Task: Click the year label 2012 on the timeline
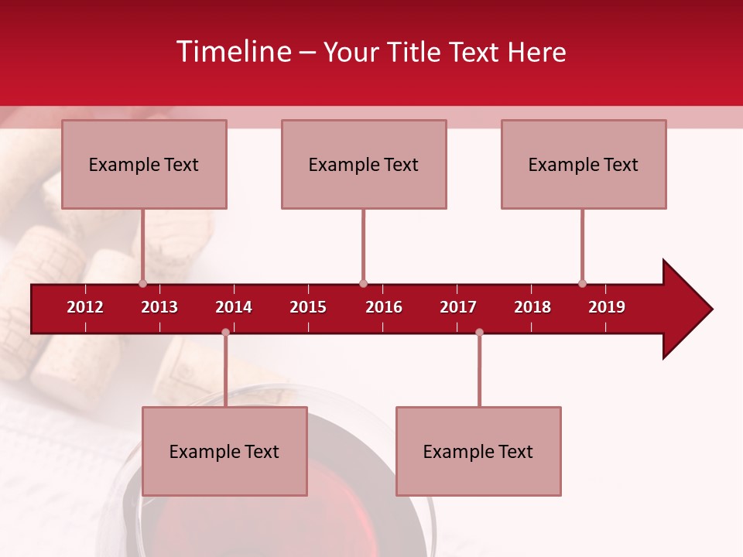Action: [x=85, y=307]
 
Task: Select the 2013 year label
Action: [x=159, y=307]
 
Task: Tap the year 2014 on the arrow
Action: [x=234, y=307]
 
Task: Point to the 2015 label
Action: [x=308, y=307]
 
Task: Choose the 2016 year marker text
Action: [x=384, y=307]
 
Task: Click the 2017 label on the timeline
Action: [x=458, y=307]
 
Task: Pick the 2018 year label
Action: [x=532, y=307]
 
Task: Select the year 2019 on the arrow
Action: [x=607, y=307]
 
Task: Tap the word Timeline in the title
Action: [x=233, y=52]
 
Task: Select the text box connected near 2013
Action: [x=144, y=164]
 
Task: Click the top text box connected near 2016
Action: [x=364, y=164]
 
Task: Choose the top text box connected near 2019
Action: [x=584, y=164]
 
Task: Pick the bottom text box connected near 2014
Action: [x=224, y=451]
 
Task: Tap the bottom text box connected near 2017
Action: [x=478, y=451]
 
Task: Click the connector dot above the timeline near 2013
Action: [x=142, y=283]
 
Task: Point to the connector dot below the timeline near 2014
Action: [x=225, y=332]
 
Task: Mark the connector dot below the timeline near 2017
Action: [x=479, y=332]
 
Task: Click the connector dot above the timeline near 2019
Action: [x=582, y=283]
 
